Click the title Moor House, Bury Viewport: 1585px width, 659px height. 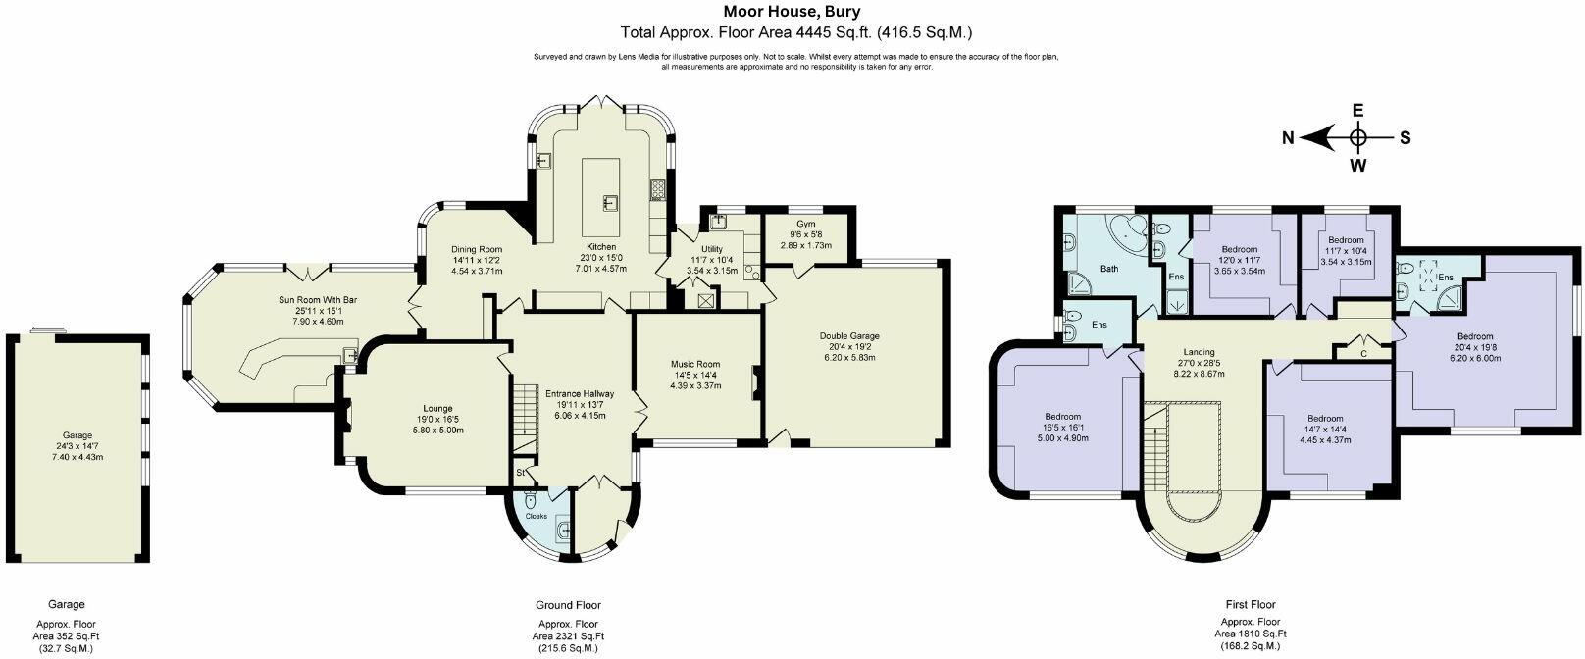point(792,12)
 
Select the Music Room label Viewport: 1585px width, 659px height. point(695,364)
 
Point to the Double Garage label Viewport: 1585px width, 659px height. point(849,336)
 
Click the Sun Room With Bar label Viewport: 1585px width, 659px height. point(318,300)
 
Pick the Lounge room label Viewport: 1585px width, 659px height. point(437,408)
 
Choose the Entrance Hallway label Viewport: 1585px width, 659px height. point(580,393)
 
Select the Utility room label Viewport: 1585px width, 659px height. point(712,249)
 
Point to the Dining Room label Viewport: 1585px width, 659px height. point(477,249)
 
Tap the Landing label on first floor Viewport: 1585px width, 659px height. point(1199,352)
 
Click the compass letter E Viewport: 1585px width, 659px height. point(1357,111)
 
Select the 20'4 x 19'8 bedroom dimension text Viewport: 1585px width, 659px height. point(1474,347)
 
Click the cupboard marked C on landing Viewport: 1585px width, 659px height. point(1363,352)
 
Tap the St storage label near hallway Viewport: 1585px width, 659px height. point(520,472)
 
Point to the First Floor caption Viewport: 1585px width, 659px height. point(1251,604)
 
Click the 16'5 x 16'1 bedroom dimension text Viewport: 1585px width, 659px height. point(1063,428)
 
